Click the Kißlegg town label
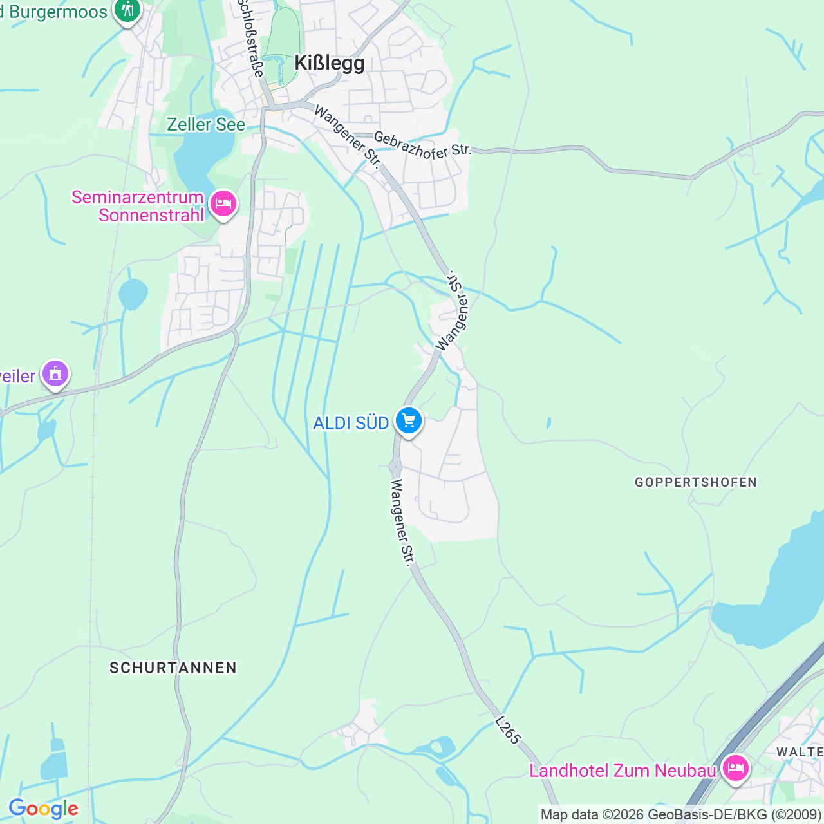click(329, 63)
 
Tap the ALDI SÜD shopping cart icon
click(409, 421)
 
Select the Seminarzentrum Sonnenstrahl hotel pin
click(223, 204)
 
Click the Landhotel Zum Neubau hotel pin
click(735, 768)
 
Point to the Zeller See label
click(206, 124)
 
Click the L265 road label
click(508, 730)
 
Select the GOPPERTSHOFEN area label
click(695, 482)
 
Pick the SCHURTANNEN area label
click(173, 668)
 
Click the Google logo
click(43, 809)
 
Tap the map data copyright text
click(680, 814)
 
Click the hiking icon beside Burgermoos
click(127, 11)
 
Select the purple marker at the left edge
click(55, 373)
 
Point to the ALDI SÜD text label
click(351, 423)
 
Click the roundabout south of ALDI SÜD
click(395, 467)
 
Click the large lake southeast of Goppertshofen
click(779, 599)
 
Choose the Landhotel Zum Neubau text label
click(623, 771)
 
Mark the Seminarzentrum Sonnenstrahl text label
click(138, 206)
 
